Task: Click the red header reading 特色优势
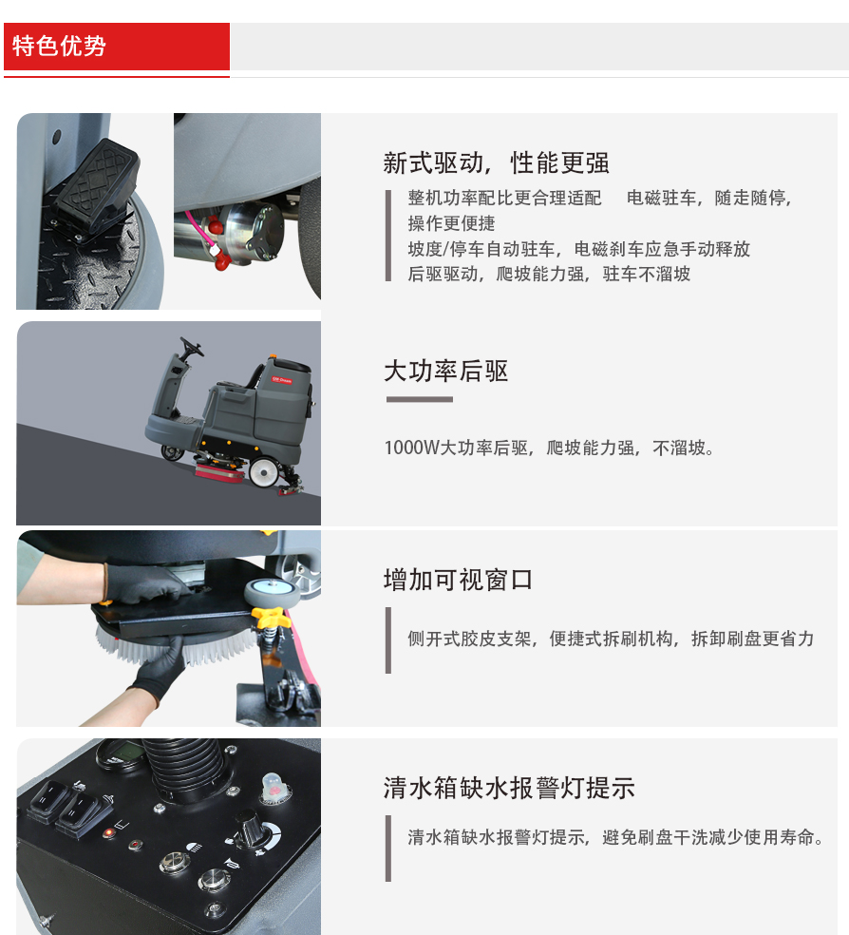[x=117, y=47]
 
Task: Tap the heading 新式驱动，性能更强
[x=496, y=162]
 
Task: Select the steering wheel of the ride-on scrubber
[x=191, y=346]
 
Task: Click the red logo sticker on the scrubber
[x=282, y=380]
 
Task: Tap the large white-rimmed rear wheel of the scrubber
[x=264, y=471]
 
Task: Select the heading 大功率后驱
[x=445, y=371]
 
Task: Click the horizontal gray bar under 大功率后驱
[x=420, y=399]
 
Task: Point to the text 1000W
[x=411, y=448]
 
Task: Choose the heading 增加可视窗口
[x=458, y=580]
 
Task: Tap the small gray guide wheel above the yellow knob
[x=271, y=592]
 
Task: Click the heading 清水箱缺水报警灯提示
[x=509, y=788]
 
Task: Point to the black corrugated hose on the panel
[x=184, y=770]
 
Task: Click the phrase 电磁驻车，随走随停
[x=709, y=198]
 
